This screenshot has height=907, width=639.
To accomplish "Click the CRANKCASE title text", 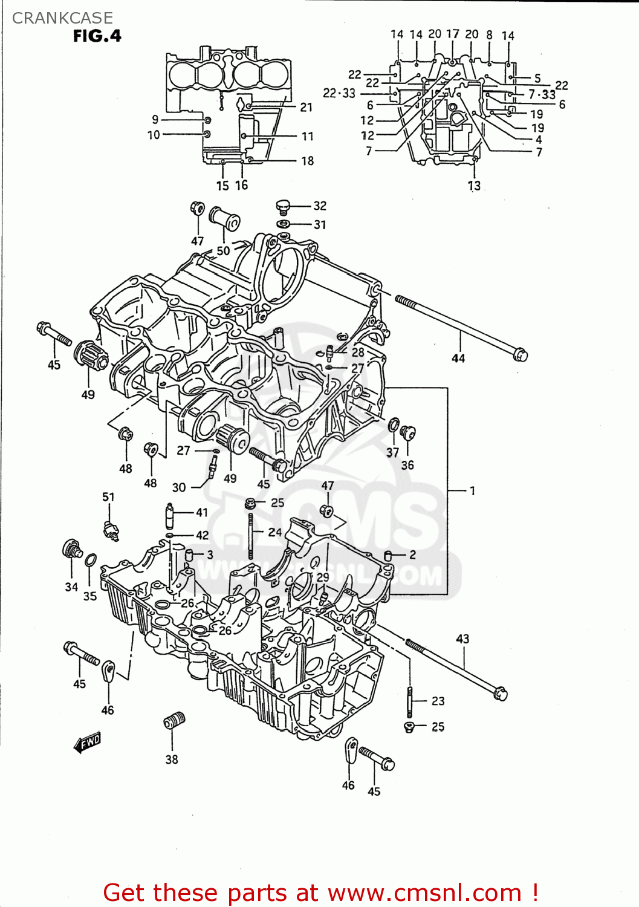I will coord(62,18).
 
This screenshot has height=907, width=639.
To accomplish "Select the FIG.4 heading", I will coord(97,36).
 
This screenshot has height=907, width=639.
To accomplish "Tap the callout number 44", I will coord(458,359).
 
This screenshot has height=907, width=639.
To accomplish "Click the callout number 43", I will coord(462,639).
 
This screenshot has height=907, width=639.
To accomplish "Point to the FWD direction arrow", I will coord(88,742).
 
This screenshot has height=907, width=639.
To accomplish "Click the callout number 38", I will coord(172,759).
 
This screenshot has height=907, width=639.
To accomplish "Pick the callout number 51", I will coord(108,497).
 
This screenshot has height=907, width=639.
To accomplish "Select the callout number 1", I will coord(472,490).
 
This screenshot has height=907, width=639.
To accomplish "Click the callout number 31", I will coord(320,225).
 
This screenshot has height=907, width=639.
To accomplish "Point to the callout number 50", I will coord(223,250).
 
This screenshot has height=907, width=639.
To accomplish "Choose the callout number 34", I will coord(71,587).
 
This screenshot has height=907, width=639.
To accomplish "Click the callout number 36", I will coord(408,465).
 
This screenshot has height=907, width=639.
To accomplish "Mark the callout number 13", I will coord(474,186).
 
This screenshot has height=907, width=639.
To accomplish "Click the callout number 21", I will coord(307,107).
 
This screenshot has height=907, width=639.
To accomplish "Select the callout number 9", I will coord(155,120).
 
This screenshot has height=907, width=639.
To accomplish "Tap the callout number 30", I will coord(179,487).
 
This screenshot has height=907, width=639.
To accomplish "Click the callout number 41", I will coord(202,512).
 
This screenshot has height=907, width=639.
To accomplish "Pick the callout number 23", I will coord(438,701).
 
